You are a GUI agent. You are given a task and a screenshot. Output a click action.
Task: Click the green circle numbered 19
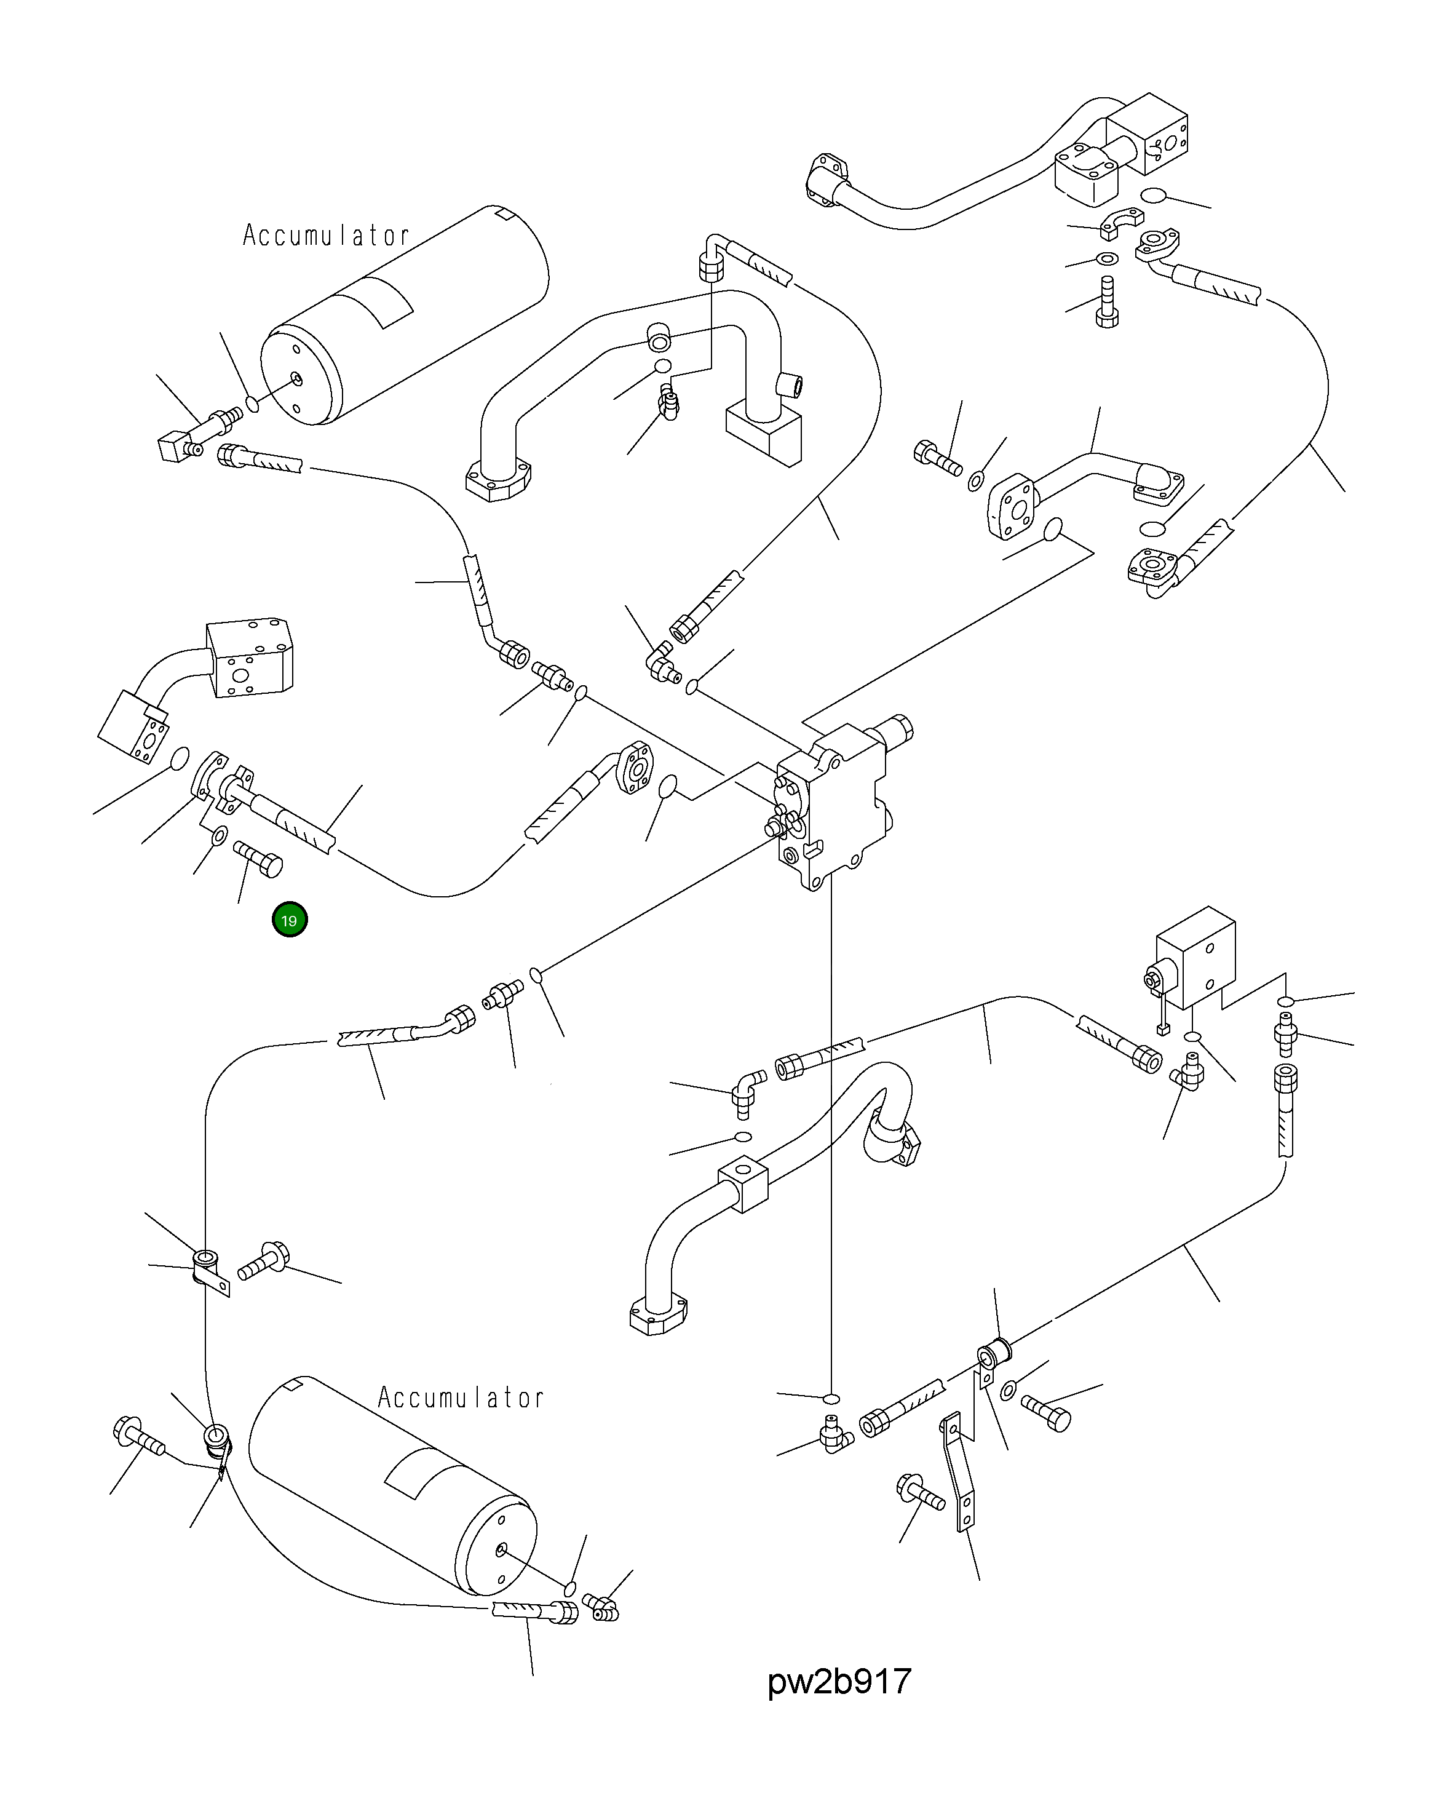(x=289, y=920)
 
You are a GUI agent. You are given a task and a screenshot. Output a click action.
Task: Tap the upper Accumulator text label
(x=326, y=235)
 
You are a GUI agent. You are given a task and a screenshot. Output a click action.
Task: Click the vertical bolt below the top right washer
(x=1106, y=301)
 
